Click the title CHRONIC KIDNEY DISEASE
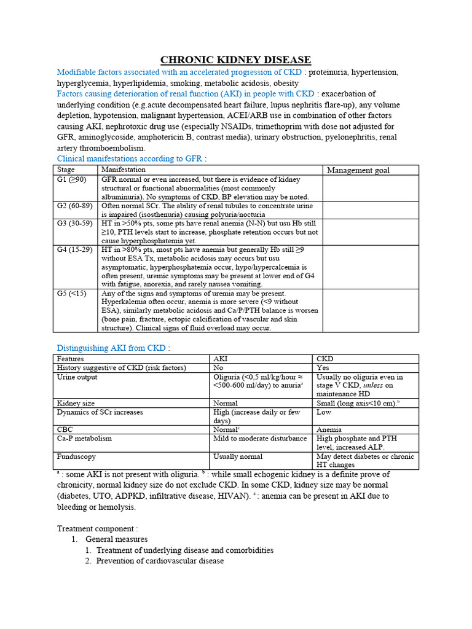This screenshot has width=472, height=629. click(235, 60)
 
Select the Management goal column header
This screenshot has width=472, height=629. click(358, 170)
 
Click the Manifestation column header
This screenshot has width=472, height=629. click(124, 170)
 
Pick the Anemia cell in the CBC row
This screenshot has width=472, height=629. click(329, 429)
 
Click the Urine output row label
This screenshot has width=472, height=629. click(77, 377)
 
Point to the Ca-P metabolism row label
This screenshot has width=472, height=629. click(84, 439)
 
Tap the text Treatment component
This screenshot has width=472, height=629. click(98, 528)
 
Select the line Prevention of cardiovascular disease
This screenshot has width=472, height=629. click(160, 561)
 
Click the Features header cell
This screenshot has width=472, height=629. click(70, 359)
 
